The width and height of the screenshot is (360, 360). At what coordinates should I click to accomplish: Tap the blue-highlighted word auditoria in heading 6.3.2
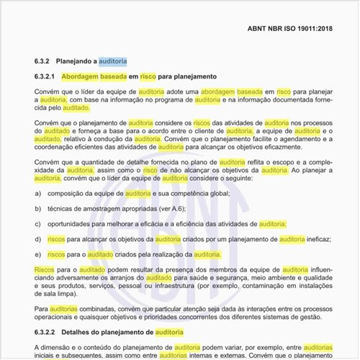click(112, 61)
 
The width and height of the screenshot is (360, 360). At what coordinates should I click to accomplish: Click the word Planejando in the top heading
click(78, 61)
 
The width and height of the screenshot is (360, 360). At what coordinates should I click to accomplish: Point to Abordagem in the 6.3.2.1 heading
click(84, 76)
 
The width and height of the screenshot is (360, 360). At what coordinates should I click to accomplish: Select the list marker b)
click(37, 210)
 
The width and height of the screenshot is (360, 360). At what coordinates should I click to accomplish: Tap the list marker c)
click(37, 225)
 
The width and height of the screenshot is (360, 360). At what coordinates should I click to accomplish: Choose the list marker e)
click(37, 255)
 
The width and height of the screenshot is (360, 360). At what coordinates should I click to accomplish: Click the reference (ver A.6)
click(166, 210)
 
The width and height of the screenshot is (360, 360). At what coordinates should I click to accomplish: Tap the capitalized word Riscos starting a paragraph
click(45, 269)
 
